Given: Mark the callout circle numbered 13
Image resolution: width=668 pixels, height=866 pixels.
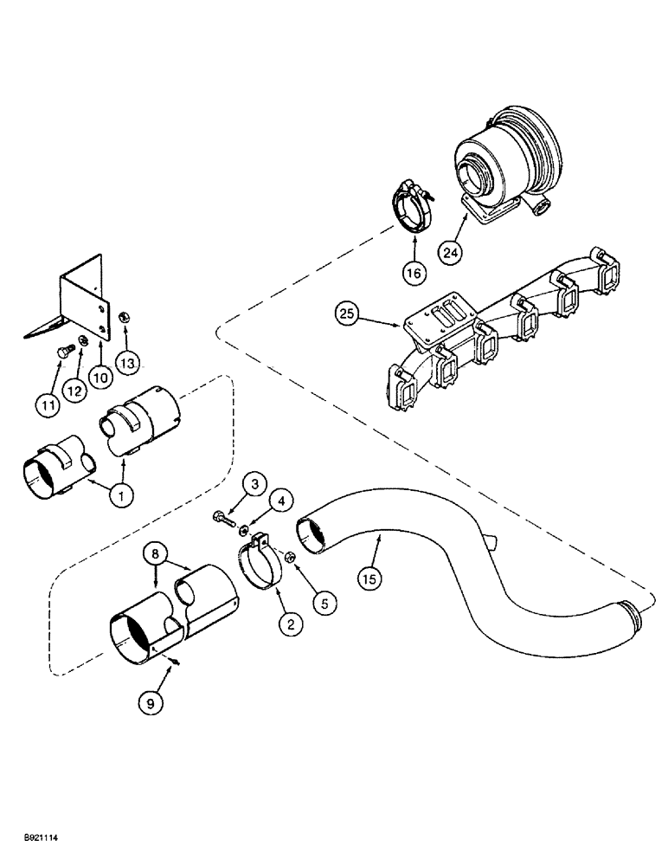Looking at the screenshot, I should tap(128, 364).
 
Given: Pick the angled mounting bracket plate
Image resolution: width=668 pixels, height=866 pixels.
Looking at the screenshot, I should tap(82, 299).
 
